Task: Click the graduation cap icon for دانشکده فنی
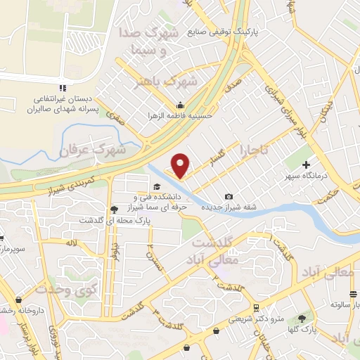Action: (x=157, y=186)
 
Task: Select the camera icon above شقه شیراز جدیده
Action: (x=229, y=197)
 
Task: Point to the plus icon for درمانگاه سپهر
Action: (x=306, y=164)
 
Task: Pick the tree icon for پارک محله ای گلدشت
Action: (x=115, y=209)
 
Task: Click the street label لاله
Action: (x=70, y=243)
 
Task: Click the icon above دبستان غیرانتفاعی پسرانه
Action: (x=63, y=88)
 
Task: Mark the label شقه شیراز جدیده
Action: (x=229, y=208)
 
